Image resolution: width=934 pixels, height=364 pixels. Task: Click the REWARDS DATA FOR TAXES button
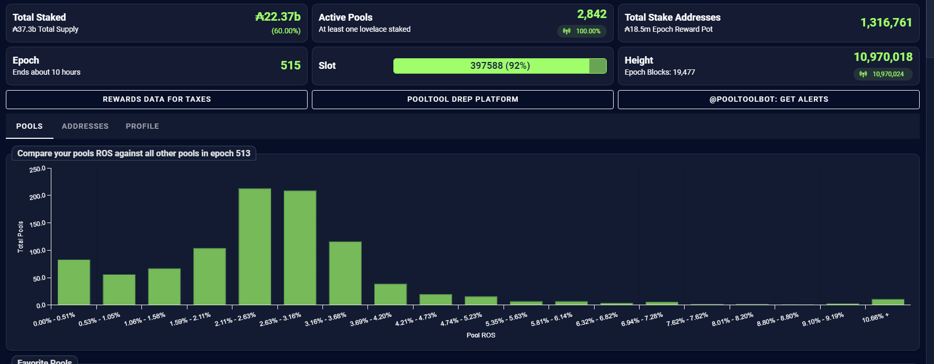(157, 100)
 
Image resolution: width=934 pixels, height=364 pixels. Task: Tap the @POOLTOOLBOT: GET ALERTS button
(768, 100)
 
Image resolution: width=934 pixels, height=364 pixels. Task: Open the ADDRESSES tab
(85, 126)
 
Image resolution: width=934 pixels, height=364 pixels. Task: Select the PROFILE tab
(142, 126)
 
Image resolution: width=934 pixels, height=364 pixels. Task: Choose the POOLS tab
(29, 126)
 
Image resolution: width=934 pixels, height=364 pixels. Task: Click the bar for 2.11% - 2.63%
(255, 247)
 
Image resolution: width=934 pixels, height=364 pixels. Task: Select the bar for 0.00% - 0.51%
(74, 282)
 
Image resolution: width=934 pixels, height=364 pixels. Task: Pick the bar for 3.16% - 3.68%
(345, 273)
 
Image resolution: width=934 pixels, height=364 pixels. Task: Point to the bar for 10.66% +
(888, 302)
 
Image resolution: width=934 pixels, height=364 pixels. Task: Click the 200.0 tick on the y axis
(37, 197)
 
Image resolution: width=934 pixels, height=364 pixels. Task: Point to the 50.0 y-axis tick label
(39, 279)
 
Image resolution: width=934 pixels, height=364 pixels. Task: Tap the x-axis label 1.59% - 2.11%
(190, 319)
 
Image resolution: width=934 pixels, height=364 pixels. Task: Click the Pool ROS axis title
(481, 335)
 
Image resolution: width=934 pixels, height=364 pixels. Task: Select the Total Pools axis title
(21, 236)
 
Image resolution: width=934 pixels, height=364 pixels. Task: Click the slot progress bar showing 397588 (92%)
(499, 66)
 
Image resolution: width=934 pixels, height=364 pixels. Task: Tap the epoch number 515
(290, 65)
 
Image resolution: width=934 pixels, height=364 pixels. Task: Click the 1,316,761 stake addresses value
(886, 22)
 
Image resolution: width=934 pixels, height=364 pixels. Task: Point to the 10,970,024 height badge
(883, 74)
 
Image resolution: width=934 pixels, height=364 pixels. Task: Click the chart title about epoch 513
(133, 154)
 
